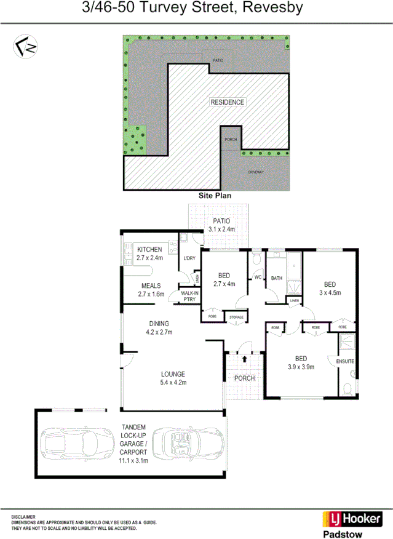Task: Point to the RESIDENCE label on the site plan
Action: tap(227, 102)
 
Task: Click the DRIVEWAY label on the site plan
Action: tap(255, 172)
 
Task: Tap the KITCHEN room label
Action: tap(149, 249)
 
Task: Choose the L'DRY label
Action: tap(189, 258)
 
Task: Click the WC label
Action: tap(258, 278)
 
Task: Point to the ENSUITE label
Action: tap(345, 361)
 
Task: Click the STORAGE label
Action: tap(237, 317)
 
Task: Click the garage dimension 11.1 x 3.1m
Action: tap(133, 460)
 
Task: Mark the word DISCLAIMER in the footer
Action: tap(23, 516)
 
